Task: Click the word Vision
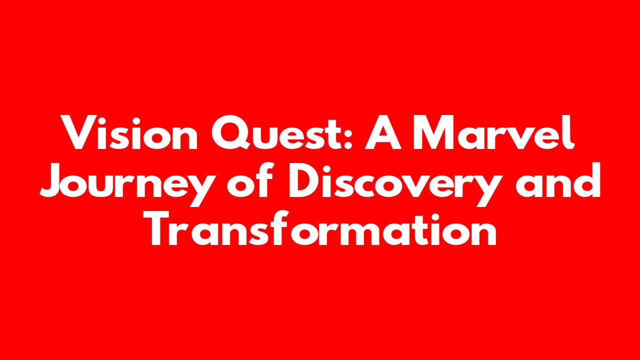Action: pos(129,132)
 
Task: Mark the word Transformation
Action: pos(323,228)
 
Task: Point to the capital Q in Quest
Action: pos(229,132)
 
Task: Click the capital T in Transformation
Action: pos(163,228)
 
